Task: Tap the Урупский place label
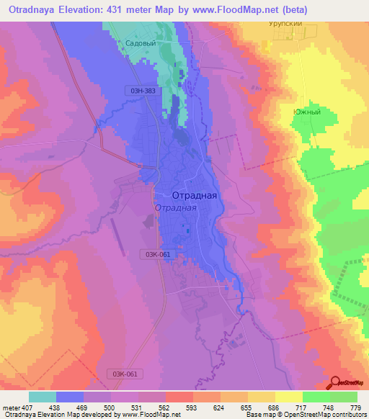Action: click(x=280, y=23)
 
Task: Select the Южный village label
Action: click(x=306, y=112)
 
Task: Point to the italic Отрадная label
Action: click(x=175, y=208)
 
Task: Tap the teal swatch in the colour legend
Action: click(x=43, y=397)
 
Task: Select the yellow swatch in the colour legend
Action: click(x=288, y=397)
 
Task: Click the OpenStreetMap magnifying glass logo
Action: click(x=335, y=382)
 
